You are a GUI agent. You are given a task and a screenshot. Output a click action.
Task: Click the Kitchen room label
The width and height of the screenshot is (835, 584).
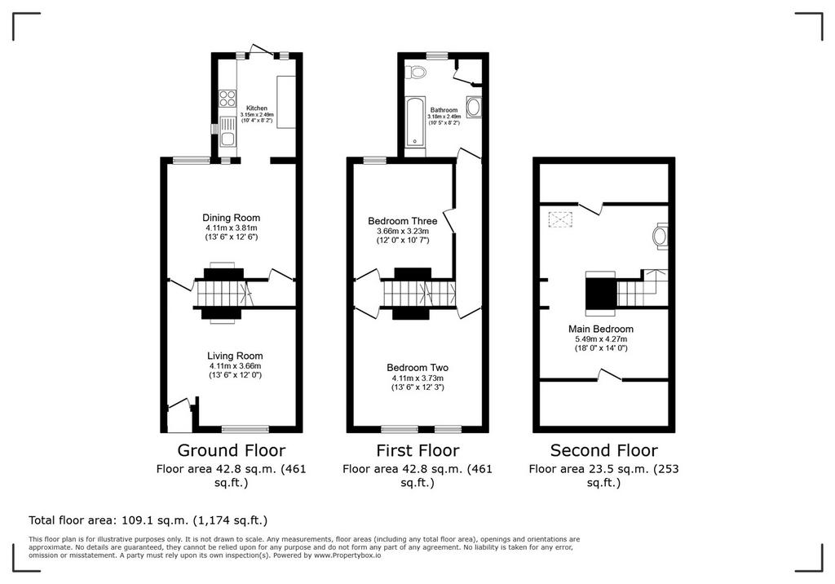257,108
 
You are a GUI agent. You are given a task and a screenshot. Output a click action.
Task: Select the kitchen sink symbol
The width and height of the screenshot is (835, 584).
228,131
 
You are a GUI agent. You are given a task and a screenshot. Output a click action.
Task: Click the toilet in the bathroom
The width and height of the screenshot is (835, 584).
415,72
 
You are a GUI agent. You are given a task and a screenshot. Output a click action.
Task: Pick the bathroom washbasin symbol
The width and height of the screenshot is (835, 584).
474,108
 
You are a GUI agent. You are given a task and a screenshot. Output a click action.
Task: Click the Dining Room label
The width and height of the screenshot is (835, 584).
231,218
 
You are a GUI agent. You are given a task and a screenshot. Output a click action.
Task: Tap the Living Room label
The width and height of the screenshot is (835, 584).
235,356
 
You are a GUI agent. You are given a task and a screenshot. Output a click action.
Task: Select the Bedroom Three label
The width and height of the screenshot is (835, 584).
403,220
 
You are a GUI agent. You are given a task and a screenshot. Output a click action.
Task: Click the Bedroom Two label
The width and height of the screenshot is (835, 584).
417,368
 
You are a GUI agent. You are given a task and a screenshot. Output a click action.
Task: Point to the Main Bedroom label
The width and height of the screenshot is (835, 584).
601,329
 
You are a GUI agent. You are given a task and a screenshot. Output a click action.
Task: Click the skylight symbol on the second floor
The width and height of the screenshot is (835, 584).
560,219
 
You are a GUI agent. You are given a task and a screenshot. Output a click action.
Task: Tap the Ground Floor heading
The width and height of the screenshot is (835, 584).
231,450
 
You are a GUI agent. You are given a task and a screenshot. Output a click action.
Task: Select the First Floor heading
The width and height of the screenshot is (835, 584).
417,450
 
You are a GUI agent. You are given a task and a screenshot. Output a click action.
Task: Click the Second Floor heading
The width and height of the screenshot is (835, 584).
604,450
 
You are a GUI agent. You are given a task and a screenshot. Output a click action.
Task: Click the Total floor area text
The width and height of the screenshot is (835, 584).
148,520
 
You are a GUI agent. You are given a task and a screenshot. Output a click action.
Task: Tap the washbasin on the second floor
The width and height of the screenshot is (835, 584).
660,236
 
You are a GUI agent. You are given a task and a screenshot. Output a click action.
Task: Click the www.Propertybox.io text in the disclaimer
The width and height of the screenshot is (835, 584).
347,555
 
